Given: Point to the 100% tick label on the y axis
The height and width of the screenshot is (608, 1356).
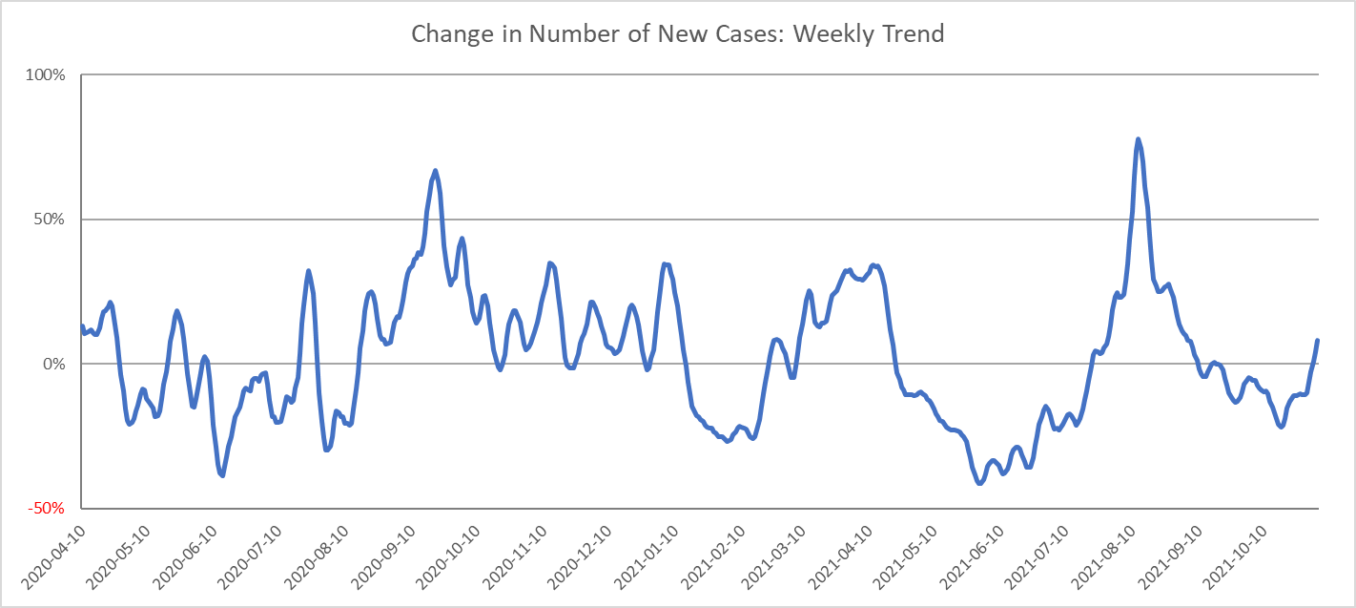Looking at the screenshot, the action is pyautogui.click(x=45, y=75).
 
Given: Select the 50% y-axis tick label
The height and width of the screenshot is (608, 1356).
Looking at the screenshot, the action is pyautogui.click(x=49, y=220).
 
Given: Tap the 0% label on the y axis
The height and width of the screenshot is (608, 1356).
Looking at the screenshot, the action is pyautogui.click(x=53, y=365).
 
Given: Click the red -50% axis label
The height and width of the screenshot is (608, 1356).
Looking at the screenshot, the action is pyautogui.click(x=46, y=509).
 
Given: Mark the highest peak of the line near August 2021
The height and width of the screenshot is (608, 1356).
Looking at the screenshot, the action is pyautogui.click(x=1138, y=139).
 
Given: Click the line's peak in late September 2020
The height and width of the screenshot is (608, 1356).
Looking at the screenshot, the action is pyautogui.click(x=435, y=171).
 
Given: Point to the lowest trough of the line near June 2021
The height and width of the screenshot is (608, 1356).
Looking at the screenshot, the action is pyautogui.click(x=980, y=483).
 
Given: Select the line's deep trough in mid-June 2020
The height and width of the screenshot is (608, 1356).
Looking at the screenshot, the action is pyautogui.click(x=223, y=475).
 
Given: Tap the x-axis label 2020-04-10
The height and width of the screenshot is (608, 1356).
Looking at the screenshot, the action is pyautogui.click(x=54, y=558).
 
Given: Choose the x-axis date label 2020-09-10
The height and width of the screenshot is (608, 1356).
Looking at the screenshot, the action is pyautogui.click(x=384, y=558).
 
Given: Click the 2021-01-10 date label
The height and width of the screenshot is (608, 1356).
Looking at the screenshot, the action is pyautogui.click(x=647, y=558).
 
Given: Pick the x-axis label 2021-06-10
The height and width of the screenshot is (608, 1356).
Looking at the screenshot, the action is pyautogui.click(x=973, y=558).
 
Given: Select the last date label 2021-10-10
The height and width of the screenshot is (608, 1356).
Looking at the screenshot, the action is pyautogui.click(x=1236, y=558).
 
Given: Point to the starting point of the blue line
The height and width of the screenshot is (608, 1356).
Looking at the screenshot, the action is pyautogui.click(x=82, y=326).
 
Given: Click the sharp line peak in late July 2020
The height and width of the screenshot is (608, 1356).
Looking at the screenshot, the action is pyautogui.click(x=308, y=272).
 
